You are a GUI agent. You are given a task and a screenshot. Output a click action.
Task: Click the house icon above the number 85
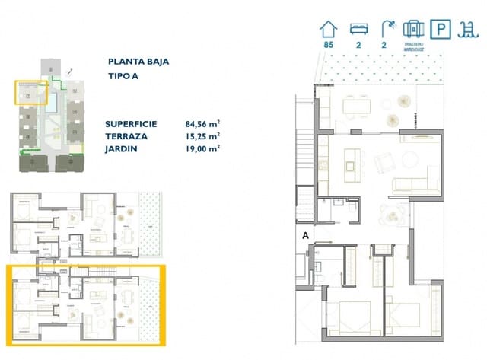329,30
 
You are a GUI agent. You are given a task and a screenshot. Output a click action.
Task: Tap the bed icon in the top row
358,30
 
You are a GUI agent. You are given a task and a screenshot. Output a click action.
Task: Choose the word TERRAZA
126,136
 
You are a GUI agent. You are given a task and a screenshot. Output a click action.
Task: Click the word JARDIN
123,149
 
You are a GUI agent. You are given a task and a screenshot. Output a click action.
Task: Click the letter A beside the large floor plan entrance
304,236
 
